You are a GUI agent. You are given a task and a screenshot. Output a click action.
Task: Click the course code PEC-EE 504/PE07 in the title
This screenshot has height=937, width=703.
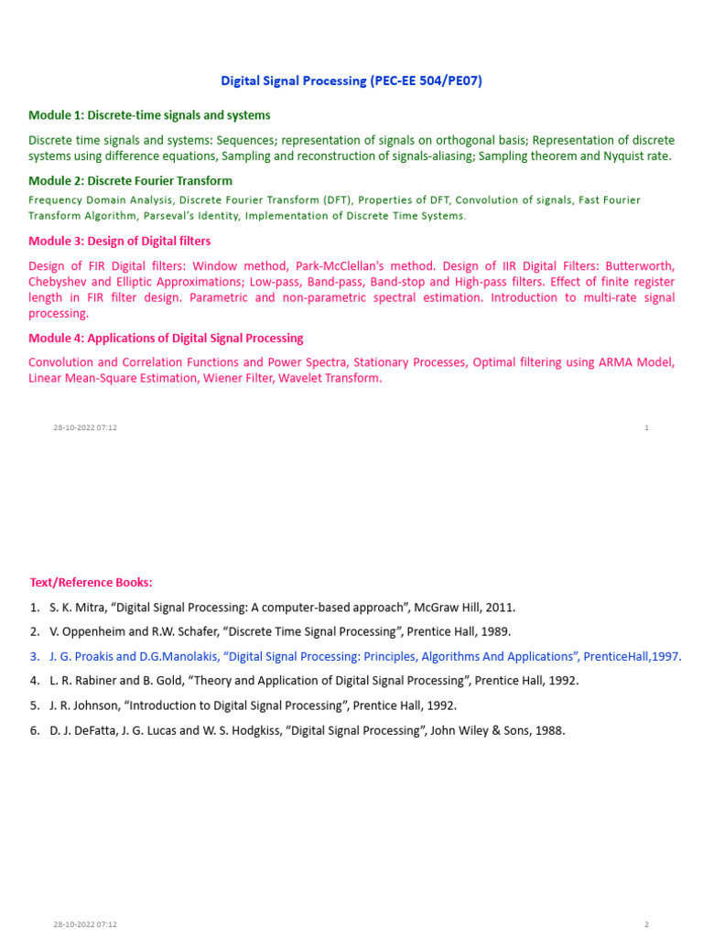click(426, 81)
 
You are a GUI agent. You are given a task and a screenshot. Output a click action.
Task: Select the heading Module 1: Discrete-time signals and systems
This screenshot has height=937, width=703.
click(149, 115)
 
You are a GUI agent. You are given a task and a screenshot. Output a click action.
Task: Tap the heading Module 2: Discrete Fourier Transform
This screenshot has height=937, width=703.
click(130, 181)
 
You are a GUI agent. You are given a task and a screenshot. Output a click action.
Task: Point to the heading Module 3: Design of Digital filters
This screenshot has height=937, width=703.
click(119, 242)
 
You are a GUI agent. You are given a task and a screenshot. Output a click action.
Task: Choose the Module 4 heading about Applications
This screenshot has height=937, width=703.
click(166, 339)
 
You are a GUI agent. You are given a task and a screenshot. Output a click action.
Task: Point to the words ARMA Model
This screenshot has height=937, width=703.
click(636, 362)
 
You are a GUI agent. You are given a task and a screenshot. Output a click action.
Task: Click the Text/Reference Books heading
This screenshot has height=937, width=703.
click(91, 583)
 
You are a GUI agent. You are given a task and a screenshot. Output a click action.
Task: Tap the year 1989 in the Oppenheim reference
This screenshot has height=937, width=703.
click(494, 632)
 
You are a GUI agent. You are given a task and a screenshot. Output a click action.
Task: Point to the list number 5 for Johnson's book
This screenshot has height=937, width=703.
click(34, 706)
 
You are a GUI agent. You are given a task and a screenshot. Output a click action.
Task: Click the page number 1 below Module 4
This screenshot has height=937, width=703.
click(647, 428)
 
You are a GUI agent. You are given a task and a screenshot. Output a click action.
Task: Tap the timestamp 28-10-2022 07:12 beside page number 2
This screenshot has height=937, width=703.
click(85, 925)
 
